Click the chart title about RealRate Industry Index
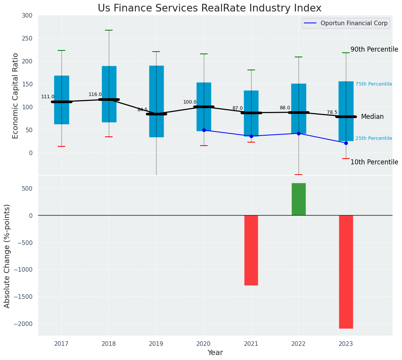[x=209, y=8]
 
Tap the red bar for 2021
[x=251, y=250]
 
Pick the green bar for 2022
[x=299, y=199]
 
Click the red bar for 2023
[x=346, y=271]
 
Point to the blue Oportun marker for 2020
[x=204, y=130]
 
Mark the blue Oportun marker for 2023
[x=346, y=143]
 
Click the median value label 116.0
[x=95, y=94]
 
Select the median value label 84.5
[x=142, y=110]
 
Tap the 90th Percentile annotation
[x=374, y=49]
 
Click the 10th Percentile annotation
[x=374, y=162]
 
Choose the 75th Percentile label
[x=373, y=84]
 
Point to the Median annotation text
[x=372, y=117]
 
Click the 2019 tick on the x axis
[x=156, y=344]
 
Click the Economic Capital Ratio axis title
[x=16, y=96]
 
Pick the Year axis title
[x=215, y=352]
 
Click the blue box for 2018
[x=109, y=94]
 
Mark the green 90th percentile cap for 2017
[x=61, y=50]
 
